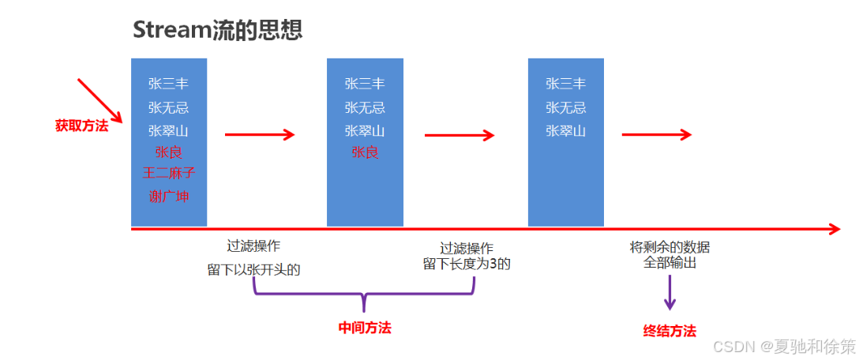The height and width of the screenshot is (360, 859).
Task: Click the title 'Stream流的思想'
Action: (217, 30)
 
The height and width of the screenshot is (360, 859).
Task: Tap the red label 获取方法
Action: (81, 125)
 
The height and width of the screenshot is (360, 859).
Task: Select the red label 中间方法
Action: (365, 328)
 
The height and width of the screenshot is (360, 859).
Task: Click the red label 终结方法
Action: (670, 331)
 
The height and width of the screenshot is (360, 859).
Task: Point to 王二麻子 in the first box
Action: (168, 173)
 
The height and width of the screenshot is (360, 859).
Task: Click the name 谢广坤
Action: (168, 196)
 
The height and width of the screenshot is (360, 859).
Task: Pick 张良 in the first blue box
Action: (168, 152)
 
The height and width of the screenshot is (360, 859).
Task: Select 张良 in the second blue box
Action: (365, 152)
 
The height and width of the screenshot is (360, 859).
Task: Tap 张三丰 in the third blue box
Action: (565, 84)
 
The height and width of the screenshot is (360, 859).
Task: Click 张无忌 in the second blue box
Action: (365, 107)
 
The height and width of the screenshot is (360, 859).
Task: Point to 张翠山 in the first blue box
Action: (168, 130)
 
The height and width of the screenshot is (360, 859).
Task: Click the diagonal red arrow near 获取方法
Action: (99, 100)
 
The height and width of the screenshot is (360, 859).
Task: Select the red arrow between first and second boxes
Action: (260, 134)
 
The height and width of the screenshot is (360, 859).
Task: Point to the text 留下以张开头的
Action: (253, 269)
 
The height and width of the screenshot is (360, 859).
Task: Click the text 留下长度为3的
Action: (467, 264)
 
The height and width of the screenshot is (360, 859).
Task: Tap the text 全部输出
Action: (670, 263)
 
